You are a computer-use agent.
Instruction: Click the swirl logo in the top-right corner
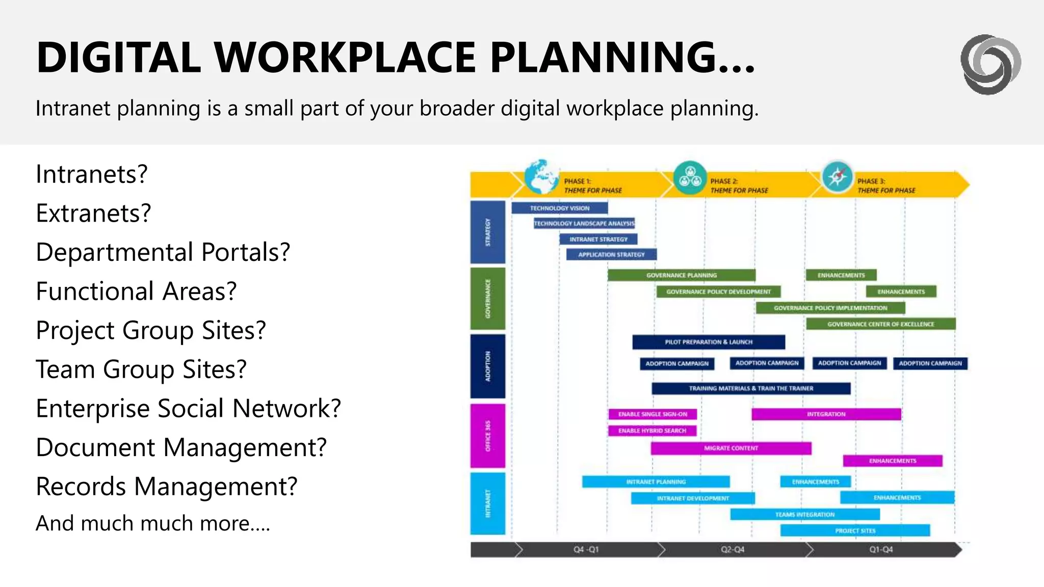click(990, 64)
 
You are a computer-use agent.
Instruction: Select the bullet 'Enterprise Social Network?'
click(188, 409)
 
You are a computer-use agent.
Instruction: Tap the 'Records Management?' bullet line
click(166, 487)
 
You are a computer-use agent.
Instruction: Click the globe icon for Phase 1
click(541, 177)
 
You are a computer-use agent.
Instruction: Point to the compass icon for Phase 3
click(837, 177)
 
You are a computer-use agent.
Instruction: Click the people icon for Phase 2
click(690, 177)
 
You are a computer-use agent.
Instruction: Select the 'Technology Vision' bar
click(559, 208)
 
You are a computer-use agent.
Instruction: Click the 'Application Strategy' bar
click(611, 254)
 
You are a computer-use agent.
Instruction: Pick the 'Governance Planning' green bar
click(681, 275)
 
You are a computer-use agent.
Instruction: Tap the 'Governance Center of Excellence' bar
click(880, 324)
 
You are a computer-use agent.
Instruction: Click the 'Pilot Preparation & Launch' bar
click(708, 342)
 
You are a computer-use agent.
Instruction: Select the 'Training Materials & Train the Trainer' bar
click(751, 388)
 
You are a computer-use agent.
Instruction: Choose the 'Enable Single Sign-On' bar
click(652, 414)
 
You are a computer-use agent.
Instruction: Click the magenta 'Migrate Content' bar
click(730, 448)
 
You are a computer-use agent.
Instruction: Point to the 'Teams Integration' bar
click(804, 515)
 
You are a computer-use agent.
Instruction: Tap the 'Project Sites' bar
click(855, 531)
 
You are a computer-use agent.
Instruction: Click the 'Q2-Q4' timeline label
click(733, 550)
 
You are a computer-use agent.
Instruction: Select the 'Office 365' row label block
click(488, 436)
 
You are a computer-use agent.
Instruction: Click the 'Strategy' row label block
click(488, 232)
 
